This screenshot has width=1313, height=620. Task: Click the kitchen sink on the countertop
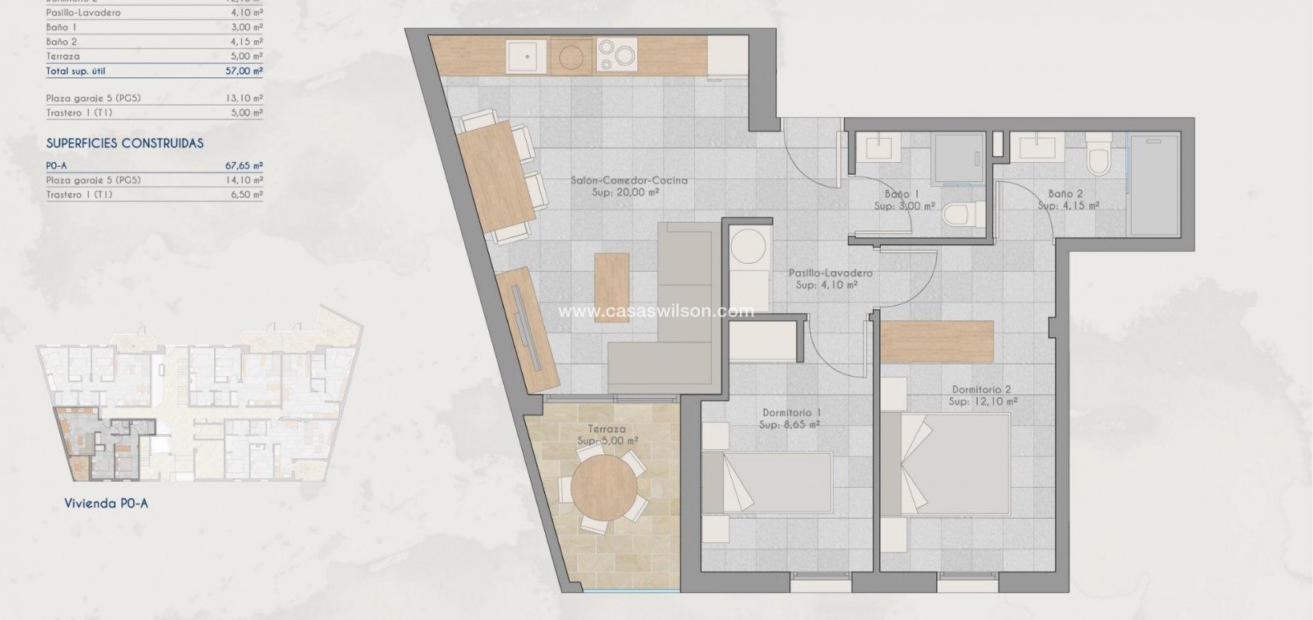(x=526, y=55)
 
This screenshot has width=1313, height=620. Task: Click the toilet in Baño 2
(x=1097, y=158)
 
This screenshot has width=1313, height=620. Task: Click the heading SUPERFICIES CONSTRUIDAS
(x=125, y=144)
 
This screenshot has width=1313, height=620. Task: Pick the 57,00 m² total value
(x=244, y=71)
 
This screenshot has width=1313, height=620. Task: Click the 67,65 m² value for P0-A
(x=244, y=166)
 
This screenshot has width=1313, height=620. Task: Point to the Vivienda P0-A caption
(x=106, y=504)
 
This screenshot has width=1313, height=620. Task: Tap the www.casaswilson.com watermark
(x=656, y=311)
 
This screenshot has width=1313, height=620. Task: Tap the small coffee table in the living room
(x=612, y=287)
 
